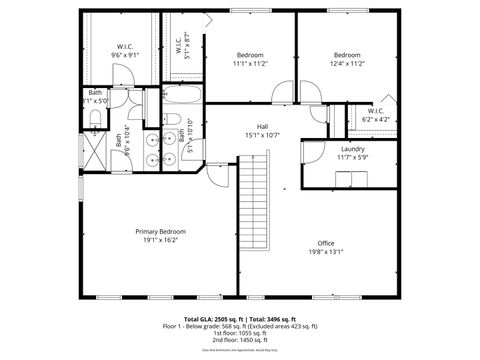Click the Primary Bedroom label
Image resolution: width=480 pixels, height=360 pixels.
coord(160,231)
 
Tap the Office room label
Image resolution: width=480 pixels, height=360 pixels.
coord(326,243)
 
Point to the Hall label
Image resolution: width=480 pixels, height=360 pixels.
coord(262,126)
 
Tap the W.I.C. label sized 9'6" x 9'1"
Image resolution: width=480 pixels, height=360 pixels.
coord(125,46)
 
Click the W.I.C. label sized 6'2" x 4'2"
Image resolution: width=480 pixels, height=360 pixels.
coord(376,110)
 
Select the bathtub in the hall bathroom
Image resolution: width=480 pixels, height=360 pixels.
coord(182,100)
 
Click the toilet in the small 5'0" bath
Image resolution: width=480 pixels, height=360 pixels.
coord(94,118)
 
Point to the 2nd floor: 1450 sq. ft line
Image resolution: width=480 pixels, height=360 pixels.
coord(239,341)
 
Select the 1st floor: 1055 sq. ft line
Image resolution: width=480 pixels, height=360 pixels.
coord(239,333)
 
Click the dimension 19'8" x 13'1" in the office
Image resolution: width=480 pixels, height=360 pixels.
coord(326,252)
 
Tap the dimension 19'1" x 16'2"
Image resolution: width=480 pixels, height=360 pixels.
coord(160,240)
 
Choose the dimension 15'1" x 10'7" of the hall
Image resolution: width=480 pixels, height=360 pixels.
coord(262,135)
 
